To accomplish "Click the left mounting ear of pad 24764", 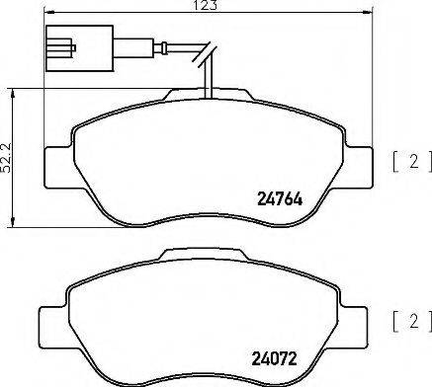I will pyautogui.click(x=58, y=162).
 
